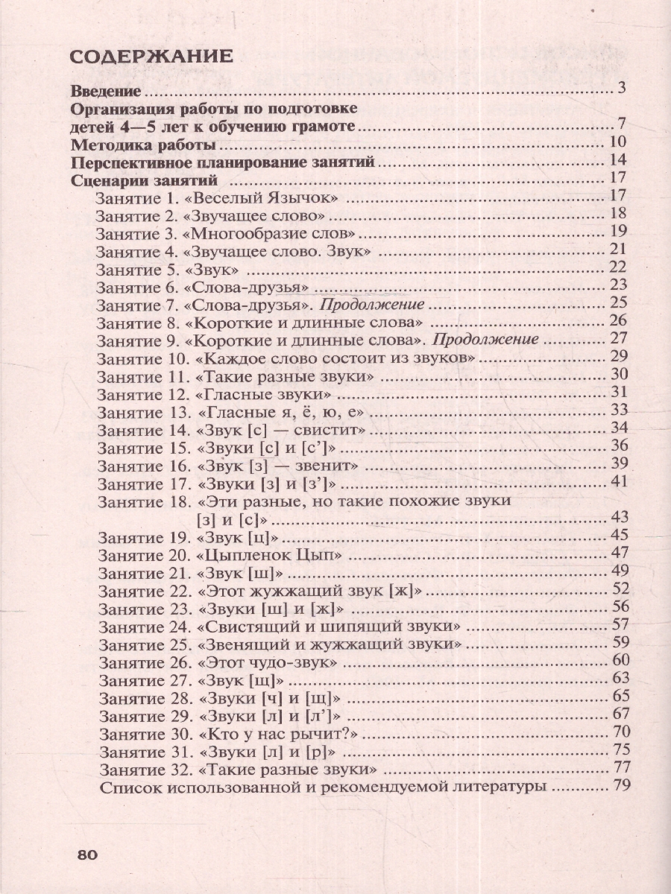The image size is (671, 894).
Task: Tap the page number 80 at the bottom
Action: coord(87,855)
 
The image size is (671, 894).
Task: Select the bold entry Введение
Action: coord(106,92)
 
